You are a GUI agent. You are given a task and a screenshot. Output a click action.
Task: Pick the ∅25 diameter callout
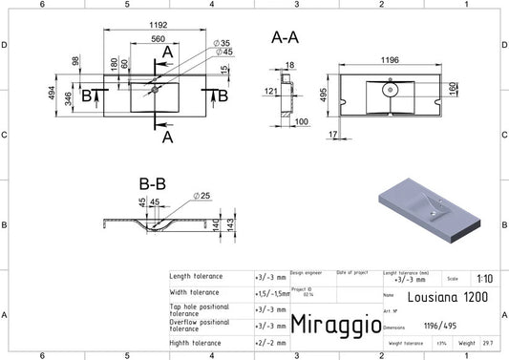201,196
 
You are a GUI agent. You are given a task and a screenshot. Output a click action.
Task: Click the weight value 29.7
488,342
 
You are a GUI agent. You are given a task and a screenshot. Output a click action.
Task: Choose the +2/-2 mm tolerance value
271,340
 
